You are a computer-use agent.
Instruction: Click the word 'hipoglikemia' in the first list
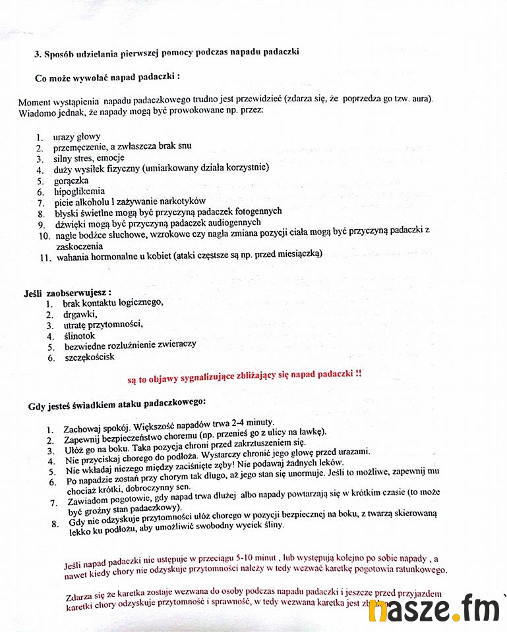79,191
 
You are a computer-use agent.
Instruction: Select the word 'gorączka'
71,180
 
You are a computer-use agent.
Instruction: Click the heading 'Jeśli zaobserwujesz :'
67,292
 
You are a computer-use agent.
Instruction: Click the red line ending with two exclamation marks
244,375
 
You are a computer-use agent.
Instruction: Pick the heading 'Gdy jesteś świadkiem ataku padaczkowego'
117,403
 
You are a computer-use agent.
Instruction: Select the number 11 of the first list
45,257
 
